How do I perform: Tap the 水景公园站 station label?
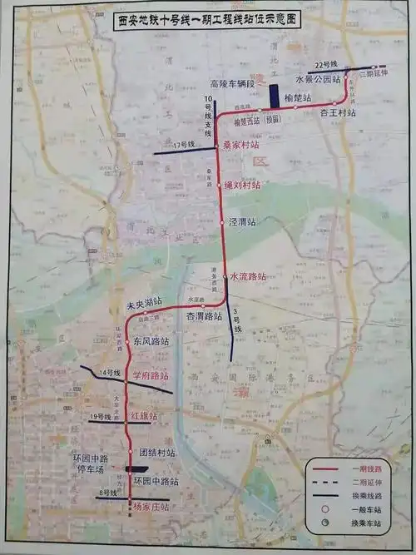(317, 79)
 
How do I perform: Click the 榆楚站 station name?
(297, 97)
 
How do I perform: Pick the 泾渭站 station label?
(241, 222)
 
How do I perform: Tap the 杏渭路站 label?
(204, 316)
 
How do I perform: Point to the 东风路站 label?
(151, 341)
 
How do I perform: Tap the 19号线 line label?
(102, 415)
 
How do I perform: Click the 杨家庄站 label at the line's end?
(151, 506)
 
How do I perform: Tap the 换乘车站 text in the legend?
(366, 523)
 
